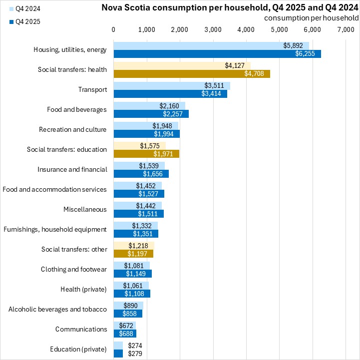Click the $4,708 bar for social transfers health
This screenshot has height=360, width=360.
192,74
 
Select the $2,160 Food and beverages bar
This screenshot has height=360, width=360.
149,106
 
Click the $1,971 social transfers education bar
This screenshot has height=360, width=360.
146,154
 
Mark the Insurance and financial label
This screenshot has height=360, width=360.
72,170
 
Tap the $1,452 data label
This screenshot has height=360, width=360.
146,186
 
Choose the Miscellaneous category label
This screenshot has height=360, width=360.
85,210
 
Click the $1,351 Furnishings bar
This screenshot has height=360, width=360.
136,234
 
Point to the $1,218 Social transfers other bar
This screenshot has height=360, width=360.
134,246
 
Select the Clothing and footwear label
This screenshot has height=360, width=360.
73,270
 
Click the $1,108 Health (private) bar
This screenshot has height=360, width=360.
132,294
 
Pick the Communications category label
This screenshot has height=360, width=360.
81,330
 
